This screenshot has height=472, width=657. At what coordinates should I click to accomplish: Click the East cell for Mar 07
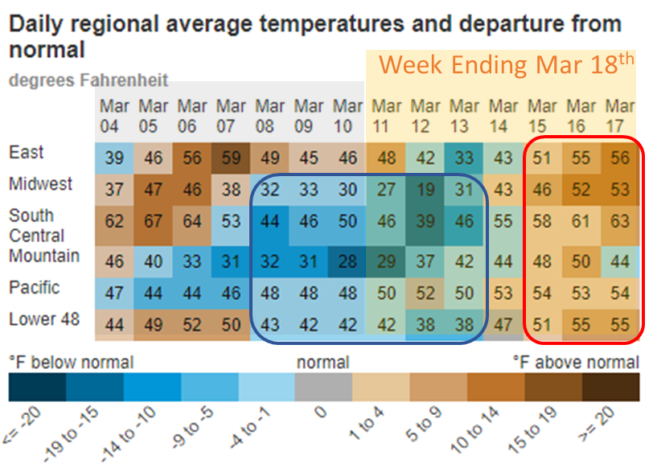tap(231, 158)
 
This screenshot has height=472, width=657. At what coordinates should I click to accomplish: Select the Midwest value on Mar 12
tap(425, 190)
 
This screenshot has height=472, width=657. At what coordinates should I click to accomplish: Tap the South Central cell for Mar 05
tap(153, 221)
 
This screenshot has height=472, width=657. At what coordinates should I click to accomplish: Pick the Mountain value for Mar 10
tap(347, 262)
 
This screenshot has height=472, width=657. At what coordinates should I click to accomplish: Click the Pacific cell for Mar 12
tap(425, 293)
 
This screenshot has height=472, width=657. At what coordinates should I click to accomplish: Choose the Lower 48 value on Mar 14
tap(503, 325)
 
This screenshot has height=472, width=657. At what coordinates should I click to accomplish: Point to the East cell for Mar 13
tap(464, 158)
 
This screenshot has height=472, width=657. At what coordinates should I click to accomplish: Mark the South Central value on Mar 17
tap(620, 221)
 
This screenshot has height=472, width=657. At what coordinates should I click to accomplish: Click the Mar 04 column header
tap(114, 116)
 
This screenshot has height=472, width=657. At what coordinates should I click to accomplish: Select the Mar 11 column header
tap(386, 116)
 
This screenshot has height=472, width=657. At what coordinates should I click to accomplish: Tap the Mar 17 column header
tap(620, 116)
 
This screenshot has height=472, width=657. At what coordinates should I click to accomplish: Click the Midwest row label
tap(41, 184)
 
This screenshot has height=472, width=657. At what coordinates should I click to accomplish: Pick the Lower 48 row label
tap(44, 319)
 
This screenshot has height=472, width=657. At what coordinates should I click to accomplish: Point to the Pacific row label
tap(35, 288)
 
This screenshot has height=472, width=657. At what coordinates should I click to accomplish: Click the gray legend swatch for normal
tap(323, 387)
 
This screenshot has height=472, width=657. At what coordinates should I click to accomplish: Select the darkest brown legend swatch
tap(611, 387)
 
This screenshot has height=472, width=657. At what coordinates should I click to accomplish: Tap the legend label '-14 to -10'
tap(128, 434)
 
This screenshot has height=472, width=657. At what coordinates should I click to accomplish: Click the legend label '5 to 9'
tap(423, 424)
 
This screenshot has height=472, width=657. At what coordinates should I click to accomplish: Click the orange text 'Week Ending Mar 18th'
tap(506, 65)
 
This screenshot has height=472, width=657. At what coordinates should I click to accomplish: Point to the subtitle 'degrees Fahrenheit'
tap(88, 80)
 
